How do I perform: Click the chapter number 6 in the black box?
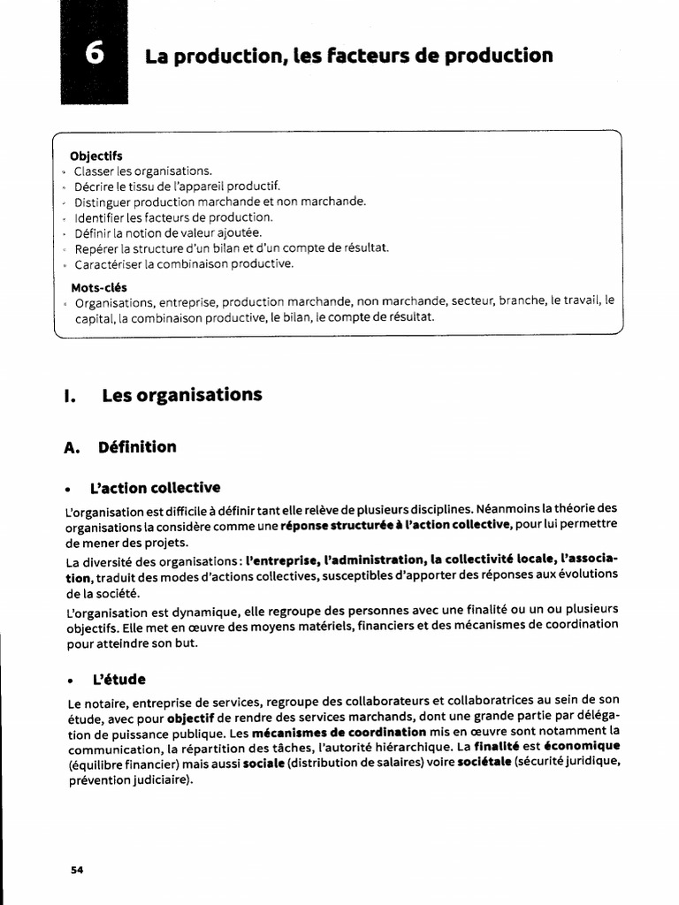(x=95, y=55)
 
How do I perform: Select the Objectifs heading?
(x=96, y=156)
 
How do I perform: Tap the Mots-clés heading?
(x=99, y=287)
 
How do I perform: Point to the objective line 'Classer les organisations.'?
(x=143, y=171)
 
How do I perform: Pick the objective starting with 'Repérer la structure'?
(x=232, y=248)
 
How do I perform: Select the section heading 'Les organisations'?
(x=182, y=395)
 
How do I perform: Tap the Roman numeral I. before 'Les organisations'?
(x=70, y=395)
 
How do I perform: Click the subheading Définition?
(x=138, y=447)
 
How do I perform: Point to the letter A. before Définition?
(x=73, y=447)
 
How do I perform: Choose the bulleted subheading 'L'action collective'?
(x=156, y=488)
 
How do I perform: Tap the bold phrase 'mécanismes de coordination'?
(x=339, y=733)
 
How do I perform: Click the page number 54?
(x=77, y=870)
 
